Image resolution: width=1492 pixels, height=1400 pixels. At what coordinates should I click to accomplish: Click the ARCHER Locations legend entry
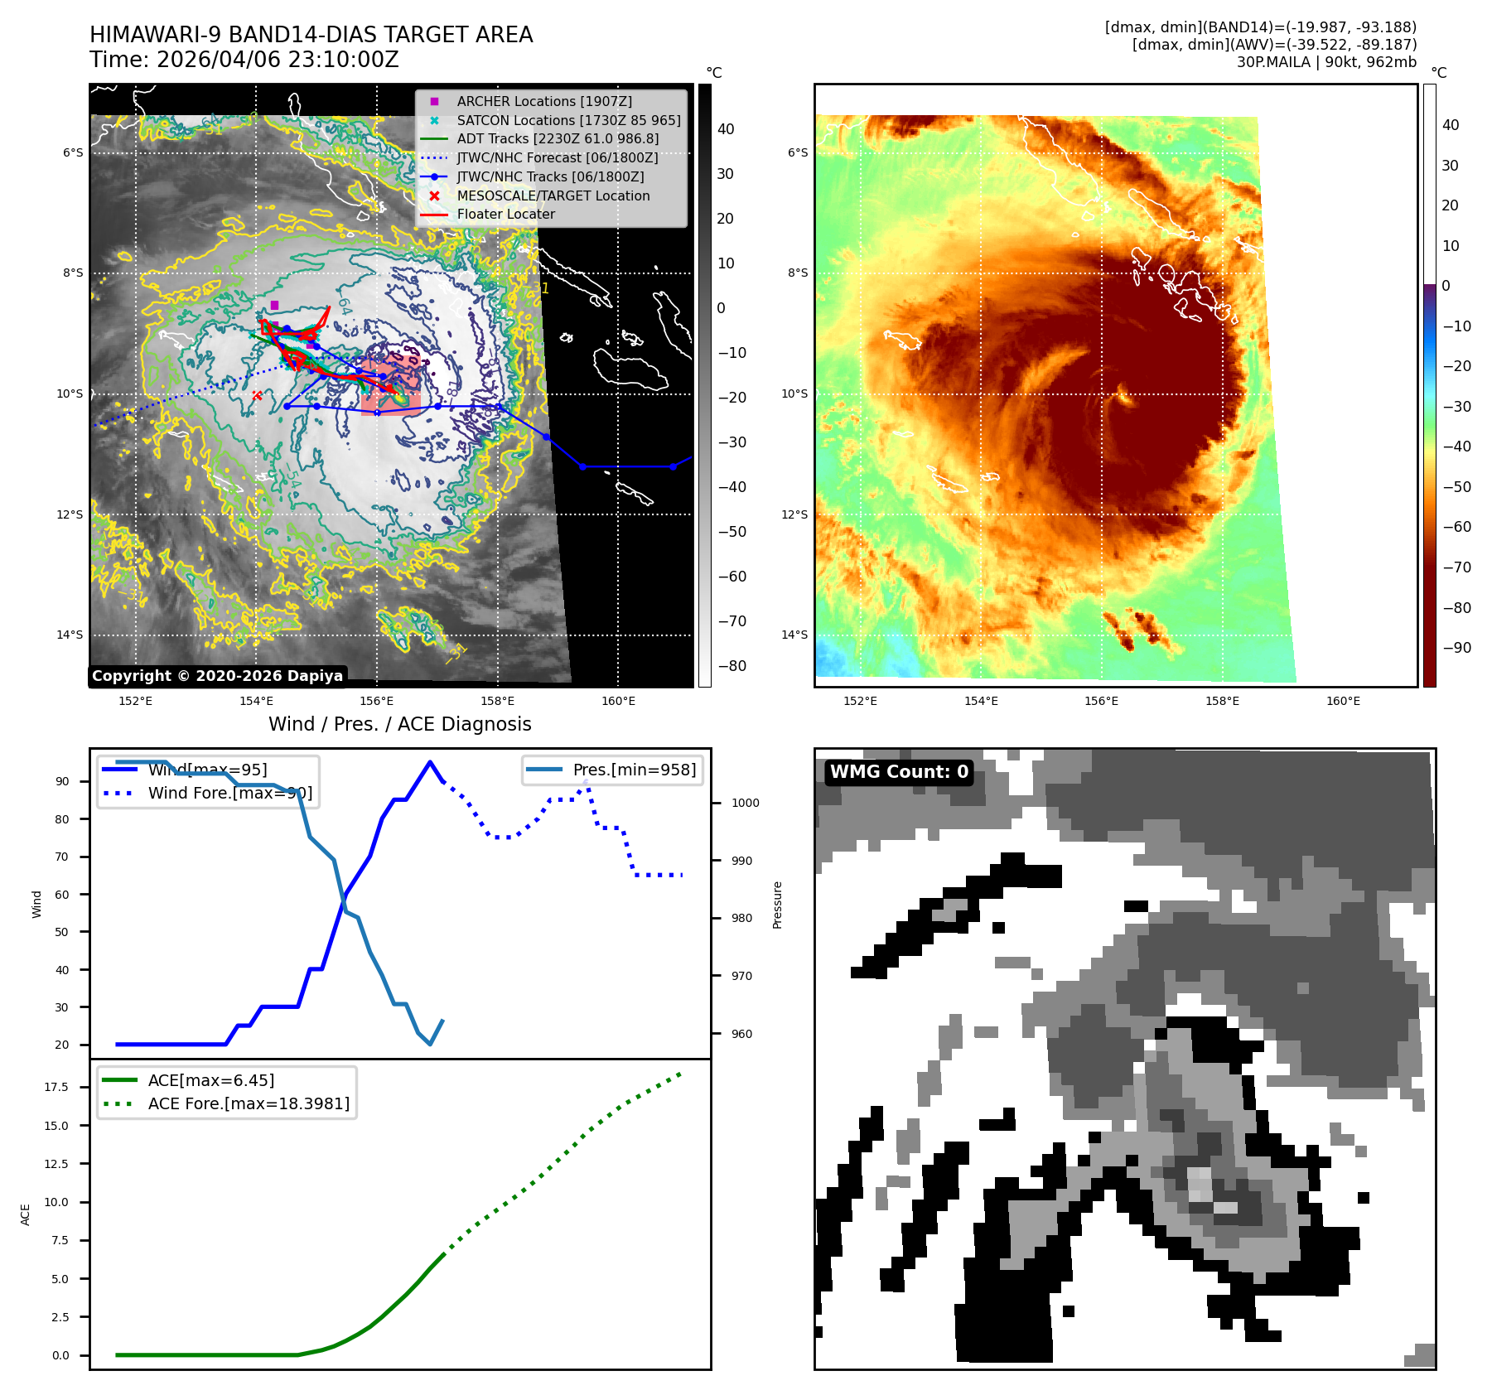543,101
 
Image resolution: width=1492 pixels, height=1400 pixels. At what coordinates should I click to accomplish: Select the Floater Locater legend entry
505,214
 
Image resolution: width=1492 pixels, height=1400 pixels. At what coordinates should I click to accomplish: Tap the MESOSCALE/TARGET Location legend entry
553,196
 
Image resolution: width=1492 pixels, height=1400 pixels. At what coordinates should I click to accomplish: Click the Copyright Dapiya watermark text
217,676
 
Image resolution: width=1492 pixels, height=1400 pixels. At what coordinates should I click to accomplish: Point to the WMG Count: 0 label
899,772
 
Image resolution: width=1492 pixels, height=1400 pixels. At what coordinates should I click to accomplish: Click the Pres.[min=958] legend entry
634,770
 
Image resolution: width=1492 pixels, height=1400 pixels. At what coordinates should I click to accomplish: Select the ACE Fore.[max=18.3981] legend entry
249,1103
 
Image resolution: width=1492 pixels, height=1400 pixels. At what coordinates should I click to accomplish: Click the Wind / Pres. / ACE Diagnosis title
399,724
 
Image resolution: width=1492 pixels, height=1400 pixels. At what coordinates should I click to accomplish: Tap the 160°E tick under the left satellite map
618,701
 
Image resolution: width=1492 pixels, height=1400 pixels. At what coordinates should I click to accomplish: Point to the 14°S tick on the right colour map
794,635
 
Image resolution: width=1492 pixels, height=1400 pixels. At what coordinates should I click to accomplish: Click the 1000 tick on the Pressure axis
745,803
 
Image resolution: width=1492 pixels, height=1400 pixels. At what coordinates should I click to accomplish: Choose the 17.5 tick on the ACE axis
56,1087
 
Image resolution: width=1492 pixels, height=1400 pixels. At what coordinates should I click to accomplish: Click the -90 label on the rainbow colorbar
1456,648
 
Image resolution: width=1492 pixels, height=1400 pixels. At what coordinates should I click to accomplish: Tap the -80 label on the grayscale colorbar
732,666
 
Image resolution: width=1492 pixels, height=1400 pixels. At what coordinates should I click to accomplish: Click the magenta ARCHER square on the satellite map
274,305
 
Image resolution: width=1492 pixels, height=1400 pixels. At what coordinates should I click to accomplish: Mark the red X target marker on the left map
257,396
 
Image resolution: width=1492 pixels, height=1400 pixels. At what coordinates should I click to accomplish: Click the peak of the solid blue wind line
429,762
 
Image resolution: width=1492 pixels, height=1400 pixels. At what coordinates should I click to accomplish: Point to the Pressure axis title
777,905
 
